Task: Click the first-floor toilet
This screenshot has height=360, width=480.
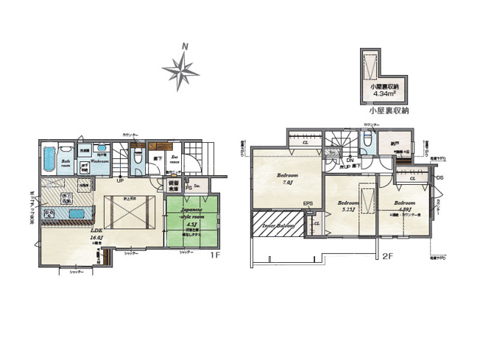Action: pos(136,155)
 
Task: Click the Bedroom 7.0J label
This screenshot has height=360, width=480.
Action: pos(286,180)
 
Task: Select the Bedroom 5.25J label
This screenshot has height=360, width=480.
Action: pos(347,206)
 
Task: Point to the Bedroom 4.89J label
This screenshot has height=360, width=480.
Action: pos(404,205)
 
